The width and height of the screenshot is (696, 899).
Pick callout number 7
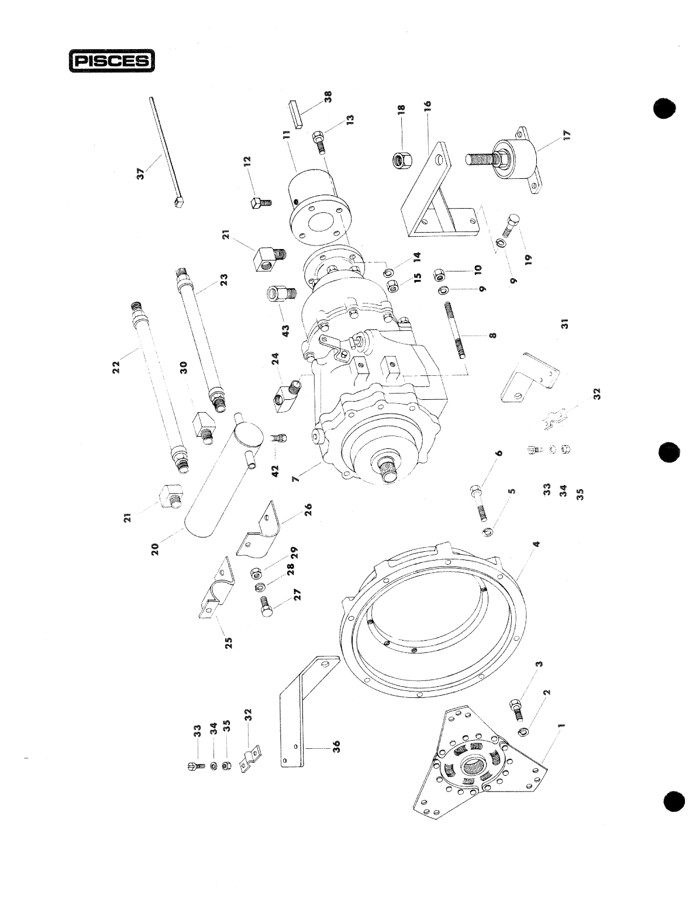click(x=296, y=478)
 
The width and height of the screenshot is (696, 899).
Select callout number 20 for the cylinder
click(x=155, y=549)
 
